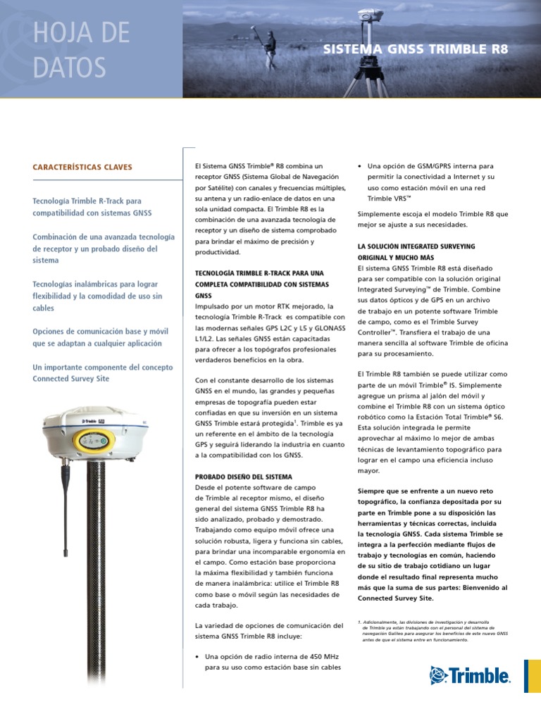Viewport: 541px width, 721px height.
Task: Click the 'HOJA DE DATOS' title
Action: (82, 50)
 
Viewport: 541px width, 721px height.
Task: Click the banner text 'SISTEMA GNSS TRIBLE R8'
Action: (415, 49)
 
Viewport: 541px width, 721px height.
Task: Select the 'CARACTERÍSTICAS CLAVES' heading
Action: (82, 167)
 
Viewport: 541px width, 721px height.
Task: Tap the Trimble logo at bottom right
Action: (470, 676)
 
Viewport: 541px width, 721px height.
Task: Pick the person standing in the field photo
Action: (270, 49)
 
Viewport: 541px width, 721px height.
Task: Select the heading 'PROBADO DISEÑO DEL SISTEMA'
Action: (243, 477)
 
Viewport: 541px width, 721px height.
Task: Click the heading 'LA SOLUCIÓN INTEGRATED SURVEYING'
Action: (416, 246)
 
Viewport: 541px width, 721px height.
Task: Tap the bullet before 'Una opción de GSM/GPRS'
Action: (360, 167)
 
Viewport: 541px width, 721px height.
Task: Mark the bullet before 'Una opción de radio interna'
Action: (197, 656)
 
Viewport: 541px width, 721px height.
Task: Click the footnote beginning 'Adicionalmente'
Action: (433, 631)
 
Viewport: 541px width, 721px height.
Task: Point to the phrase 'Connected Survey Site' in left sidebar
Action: (71, 378)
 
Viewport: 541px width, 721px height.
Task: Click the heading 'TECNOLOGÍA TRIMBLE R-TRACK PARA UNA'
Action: (259, 272)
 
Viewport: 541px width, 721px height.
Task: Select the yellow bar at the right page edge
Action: (533, 676)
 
